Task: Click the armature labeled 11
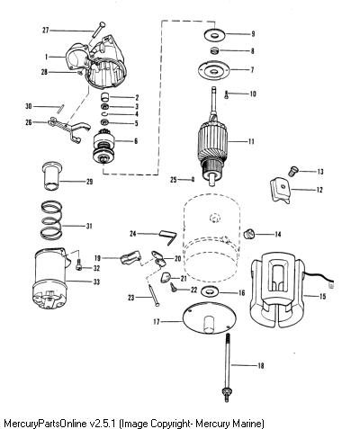(x=212, y=141)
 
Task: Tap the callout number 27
(x=45, y=31)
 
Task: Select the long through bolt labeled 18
(x=227, y=368)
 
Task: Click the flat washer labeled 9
(x=214, y=35)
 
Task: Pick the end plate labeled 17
(x=210, y=318)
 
